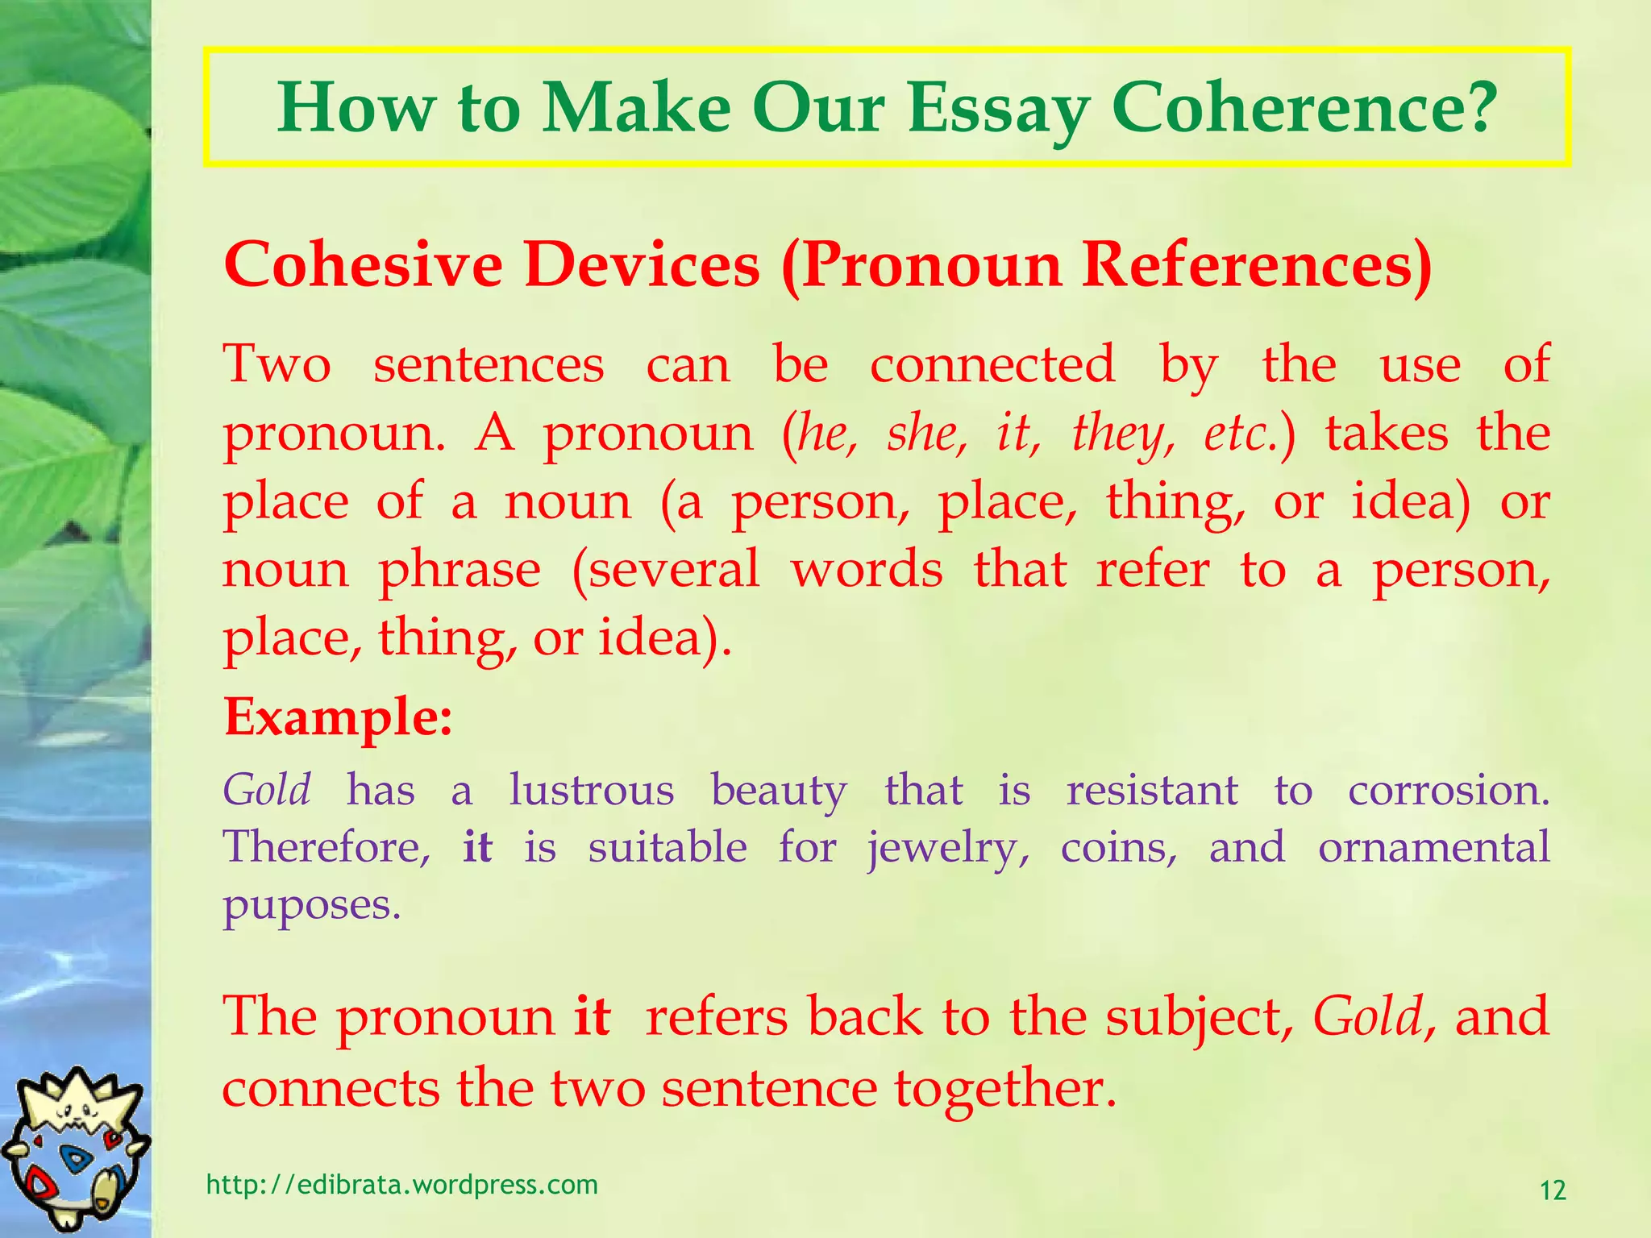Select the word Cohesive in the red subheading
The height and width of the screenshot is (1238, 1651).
(363, 264)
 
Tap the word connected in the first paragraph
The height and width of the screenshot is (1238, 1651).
(992, 364)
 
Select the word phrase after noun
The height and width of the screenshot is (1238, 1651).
(460, 571)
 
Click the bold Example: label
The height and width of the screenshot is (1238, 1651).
(338, 716)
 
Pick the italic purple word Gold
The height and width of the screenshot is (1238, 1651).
(267, 790)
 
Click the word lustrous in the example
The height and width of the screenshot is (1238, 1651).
(591, 790)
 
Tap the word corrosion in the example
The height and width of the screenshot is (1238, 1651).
(1448, 790)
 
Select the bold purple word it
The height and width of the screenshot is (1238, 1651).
(477, 847)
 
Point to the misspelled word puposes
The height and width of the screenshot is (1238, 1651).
(311, 905)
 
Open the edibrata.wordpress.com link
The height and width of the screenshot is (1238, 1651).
(402, 1185)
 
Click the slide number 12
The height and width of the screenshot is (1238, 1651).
(1553, 1190)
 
